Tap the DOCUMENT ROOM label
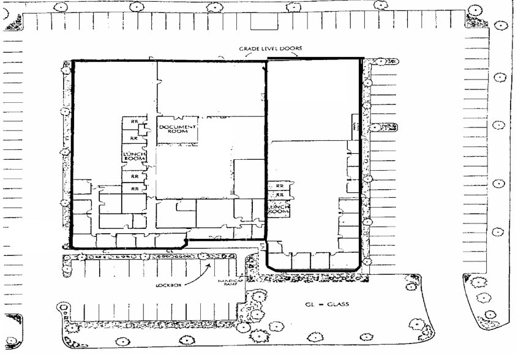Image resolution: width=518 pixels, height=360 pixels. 178,129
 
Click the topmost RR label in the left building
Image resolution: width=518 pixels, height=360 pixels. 133,121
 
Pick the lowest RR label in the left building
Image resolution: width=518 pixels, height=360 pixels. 133,189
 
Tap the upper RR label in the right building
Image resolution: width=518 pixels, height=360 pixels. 279,186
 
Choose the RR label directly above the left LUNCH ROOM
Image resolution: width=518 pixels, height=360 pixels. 133,138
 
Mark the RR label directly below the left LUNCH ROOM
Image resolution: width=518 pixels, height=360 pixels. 133,176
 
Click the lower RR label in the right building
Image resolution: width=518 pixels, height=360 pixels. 279,195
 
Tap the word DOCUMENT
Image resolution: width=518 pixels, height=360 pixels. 178,127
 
